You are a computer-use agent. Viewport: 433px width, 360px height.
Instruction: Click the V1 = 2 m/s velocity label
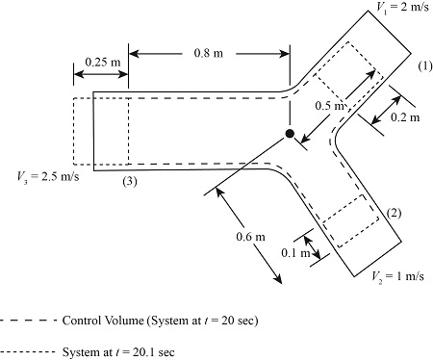[402, 7]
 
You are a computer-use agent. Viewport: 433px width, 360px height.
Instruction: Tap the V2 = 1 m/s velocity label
[397, 276]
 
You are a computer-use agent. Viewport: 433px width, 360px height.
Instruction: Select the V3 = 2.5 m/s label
[48, 177]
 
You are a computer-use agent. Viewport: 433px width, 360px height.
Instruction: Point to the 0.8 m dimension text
[209, 53]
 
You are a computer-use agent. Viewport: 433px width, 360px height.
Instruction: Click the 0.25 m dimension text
[103, 62]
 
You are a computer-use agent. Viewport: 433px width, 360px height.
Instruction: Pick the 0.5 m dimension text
[329, 106]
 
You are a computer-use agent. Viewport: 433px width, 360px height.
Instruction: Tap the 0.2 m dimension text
[405, 117]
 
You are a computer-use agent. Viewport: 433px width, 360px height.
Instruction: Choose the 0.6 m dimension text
[250, 237]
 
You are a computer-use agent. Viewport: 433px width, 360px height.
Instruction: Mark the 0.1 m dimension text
[295, 253]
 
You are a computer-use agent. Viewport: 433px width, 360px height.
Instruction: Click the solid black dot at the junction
[290, 134]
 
